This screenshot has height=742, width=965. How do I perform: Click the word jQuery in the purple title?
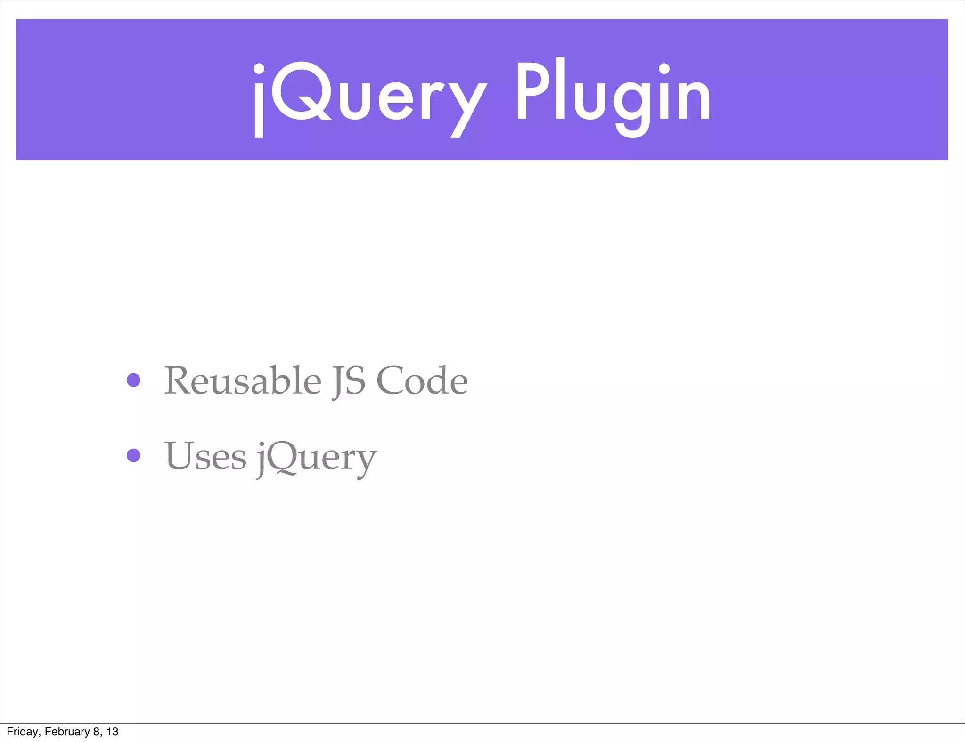[370, 97]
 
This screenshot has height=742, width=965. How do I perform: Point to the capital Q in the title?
[301, 92]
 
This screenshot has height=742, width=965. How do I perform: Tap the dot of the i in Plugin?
[664, 69]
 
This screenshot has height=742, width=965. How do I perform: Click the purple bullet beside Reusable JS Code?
[134, 380]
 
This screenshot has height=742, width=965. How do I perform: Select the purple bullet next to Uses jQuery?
[134, 455]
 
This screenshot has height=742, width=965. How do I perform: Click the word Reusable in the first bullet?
[243, 380]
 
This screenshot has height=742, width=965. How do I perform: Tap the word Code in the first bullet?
[422, 380]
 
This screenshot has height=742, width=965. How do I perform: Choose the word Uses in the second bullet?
[205, 456]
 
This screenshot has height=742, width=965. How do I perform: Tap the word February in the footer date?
[67, 732]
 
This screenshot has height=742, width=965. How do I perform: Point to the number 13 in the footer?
[112, 732]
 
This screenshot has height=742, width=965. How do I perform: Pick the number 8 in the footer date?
[96, 732]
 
